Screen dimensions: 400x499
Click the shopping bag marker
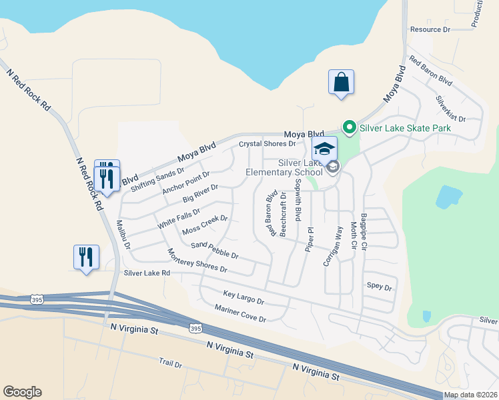coord(341,83)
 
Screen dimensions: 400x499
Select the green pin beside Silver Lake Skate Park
coord(348,127)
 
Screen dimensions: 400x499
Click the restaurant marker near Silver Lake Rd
coord(86,257)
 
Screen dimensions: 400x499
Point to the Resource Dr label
coord(430,29)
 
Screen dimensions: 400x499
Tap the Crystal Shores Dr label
coord(267,143)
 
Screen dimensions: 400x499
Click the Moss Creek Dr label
coord(205,225)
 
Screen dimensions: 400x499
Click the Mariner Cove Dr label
coord(240,313)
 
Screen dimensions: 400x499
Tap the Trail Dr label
coord(170,363)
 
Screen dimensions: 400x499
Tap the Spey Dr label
coord(379,286)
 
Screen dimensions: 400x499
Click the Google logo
coord(22,391)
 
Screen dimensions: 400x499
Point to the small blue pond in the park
coord(448,197)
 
